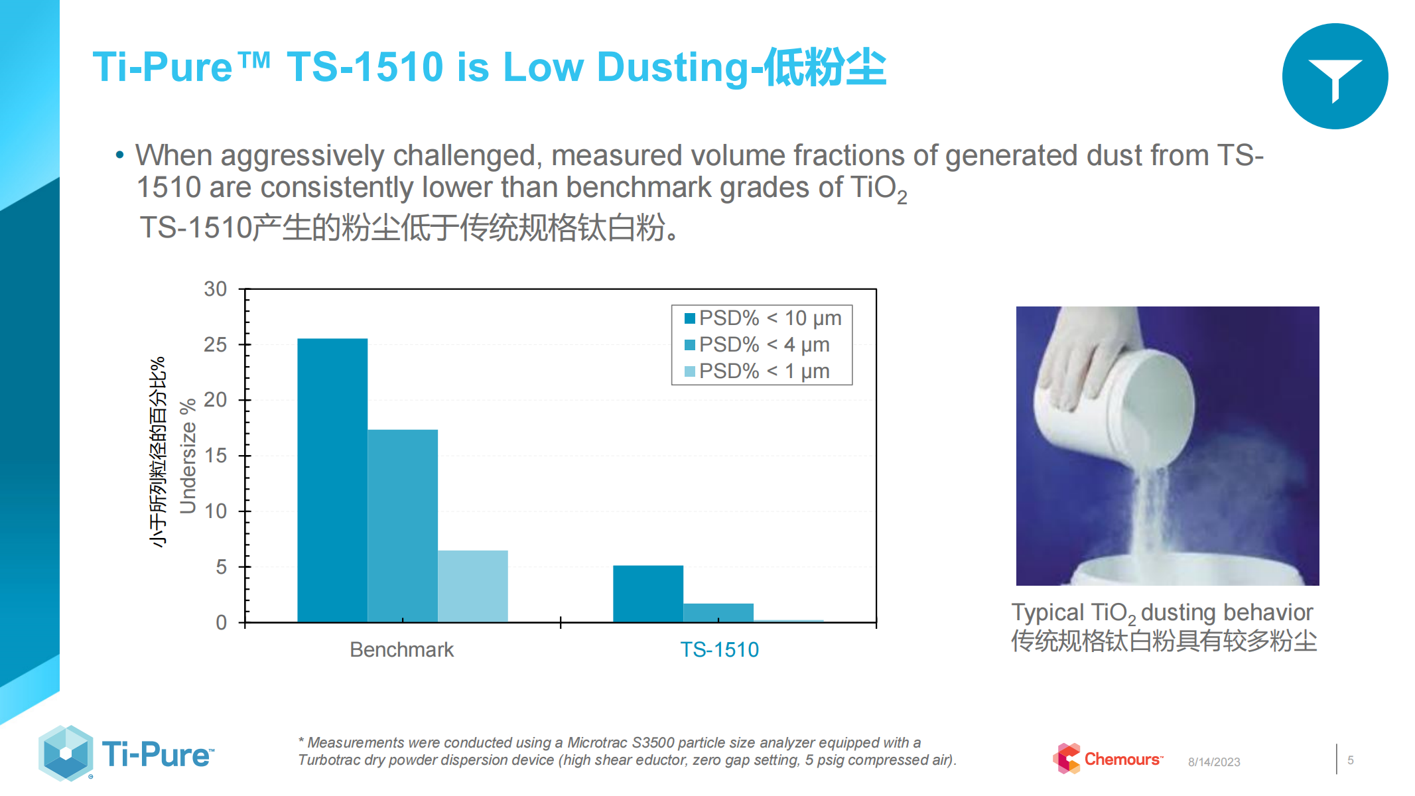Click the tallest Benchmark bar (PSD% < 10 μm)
[x=332, y=480]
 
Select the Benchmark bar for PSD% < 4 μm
[x=403, y=526]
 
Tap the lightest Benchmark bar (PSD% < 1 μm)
[x=473, y=586]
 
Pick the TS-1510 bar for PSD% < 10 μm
[x=648, y=594]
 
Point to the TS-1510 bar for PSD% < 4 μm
[x=718, y=613]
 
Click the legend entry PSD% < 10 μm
[x=763, y=318]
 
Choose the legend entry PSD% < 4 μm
[x=757, y=345]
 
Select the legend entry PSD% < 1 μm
[x=757, y=371]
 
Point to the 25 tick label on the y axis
[x=216, y=345]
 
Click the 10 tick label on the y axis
[x=216, y=511]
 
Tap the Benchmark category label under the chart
[x=402, y=649]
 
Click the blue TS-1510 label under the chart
[x=720, y=649]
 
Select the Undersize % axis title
[x=188, y=456]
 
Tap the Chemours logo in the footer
[x=1108, y=759]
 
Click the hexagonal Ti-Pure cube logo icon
[x=66, y=754]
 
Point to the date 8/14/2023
[x=1214, y=762]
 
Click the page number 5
[x=1351, y=760]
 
